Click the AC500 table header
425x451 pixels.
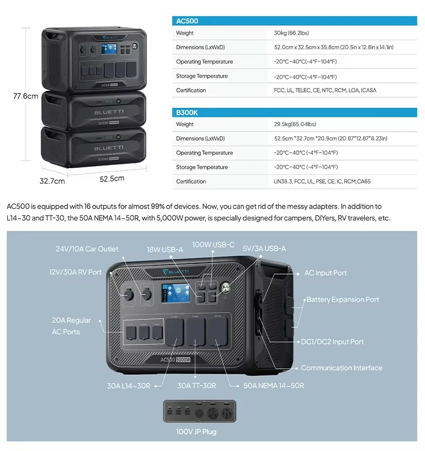187,21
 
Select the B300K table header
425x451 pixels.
187,113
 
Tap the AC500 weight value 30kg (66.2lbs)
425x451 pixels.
291,33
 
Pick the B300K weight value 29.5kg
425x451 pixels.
295,124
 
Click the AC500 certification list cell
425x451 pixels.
325,90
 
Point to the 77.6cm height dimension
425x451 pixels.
25,96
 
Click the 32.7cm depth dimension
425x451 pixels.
52,182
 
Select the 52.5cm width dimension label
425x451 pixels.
112,178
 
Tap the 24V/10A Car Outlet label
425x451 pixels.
87,249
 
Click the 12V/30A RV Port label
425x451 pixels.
75,272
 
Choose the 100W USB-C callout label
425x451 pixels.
213,245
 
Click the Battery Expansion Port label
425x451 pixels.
342,300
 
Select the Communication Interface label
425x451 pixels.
341,368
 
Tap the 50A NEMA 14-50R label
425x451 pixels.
274,386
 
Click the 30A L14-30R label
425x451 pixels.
129,386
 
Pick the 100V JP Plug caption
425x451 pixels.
195,432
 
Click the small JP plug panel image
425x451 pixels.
195,411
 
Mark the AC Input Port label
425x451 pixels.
325,273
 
